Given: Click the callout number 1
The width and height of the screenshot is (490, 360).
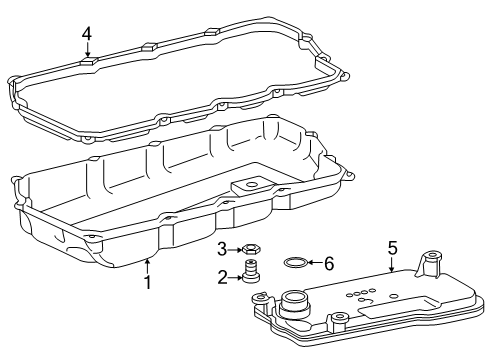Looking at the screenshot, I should [147, 283].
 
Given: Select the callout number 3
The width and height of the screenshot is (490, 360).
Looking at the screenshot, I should [222, 248].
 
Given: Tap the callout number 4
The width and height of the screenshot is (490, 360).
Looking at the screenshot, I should [87, 33].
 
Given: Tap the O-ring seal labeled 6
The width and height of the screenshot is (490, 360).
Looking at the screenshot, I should [296, 262].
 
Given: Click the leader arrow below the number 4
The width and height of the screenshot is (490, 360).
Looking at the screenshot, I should [87, 52].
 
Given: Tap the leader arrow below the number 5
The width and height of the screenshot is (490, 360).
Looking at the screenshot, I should [392, 263].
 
